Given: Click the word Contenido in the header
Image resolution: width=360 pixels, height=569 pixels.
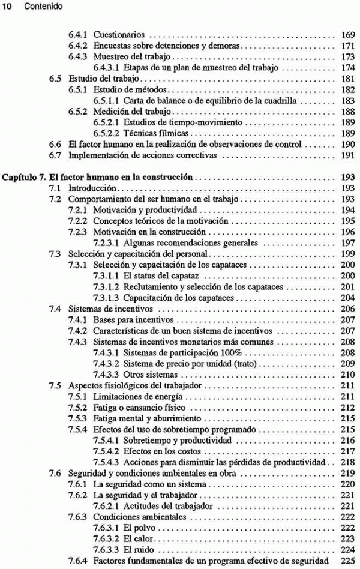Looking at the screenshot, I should pos(32,6).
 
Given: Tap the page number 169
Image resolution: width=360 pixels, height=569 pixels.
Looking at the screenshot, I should pos(347,35).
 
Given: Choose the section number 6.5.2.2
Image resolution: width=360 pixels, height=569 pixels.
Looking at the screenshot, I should pos(107,133).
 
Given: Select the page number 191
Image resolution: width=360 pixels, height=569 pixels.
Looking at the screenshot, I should pos(347,155).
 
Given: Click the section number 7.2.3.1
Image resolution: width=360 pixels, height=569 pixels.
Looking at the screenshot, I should pos(107,243).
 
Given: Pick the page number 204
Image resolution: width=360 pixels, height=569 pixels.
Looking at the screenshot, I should pos(347,298).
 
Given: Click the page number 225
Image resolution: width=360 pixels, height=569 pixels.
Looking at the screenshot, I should pos(347,560).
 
